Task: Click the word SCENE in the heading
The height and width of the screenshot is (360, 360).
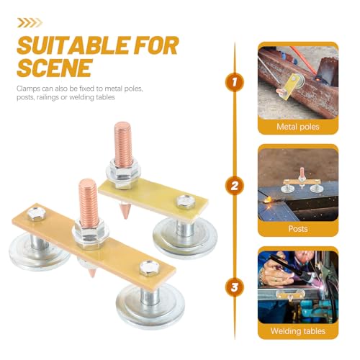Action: [x=55, y=68]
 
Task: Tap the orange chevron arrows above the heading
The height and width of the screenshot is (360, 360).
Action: [x=30, y=23]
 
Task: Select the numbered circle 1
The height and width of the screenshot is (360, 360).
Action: [x=235, y=82]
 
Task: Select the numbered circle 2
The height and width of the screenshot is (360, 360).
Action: [x=235, y=186]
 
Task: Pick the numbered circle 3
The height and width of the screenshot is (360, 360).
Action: [x=235, y=287]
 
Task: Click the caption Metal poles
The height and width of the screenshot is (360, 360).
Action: [x=298, y=127]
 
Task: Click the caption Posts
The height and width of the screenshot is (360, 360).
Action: [x=298, y=228]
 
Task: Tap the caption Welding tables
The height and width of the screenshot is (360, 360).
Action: [x=298, y=331]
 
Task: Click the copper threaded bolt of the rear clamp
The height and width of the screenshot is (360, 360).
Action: [x=123, y=143]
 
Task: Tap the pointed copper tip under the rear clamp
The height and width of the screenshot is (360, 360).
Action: [x=125, y=211]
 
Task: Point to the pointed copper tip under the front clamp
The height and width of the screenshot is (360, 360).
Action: [x=92, y=273]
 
